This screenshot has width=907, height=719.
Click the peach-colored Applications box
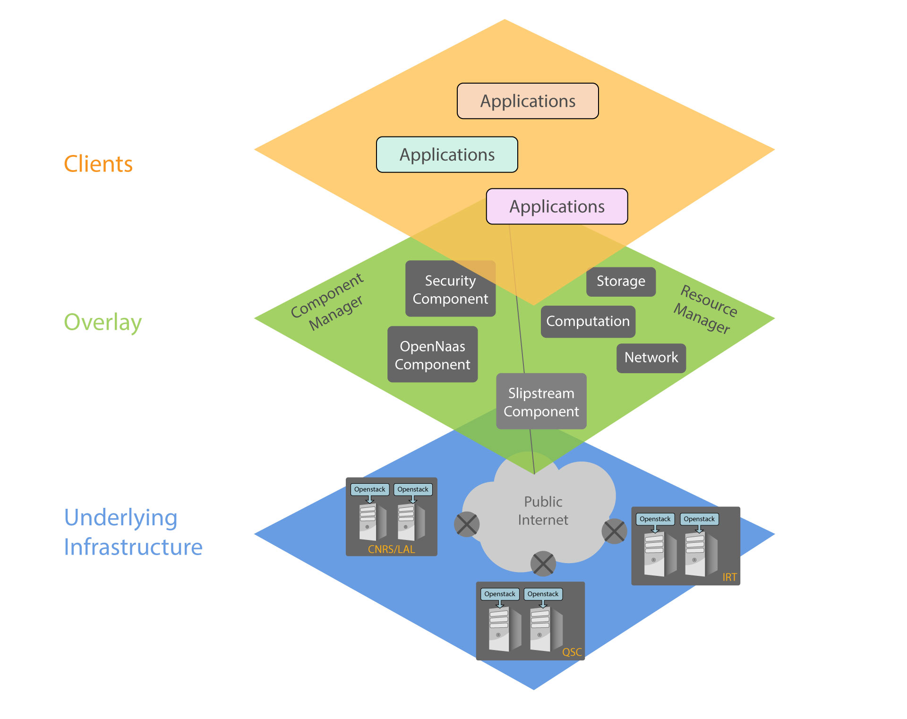point(528,101)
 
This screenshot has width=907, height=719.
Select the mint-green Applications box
point(447,155)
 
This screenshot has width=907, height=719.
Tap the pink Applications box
point(557,206)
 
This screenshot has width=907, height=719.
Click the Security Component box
point(450,289)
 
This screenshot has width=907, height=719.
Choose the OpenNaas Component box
point(432,355)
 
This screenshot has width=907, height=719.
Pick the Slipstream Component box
point(541,402)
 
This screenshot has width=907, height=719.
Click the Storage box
point(621,282)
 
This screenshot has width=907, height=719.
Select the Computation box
point(588,322)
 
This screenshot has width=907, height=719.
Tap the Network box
point(651,358)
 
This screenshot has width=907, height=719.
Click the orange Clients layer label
point(98,164)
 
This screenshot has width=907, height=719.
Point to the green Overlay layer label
point(103,323)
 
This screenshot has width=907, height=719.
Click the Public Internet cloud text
point(543,511)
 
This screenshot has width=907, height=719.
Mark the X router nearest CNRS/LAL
point(467,524)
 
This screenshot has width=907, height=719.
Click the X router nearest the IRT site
point(614,531)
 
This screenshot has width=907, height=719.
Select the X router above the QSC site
point(543,564)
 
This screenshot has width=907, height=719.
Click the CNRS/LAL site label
point(391,549)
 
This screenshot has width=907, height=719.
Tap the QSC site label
point(572,652)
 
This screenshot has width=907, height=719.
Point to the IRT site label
point(729,577)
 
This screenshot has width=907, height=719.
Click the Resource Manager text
point(705,310)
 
